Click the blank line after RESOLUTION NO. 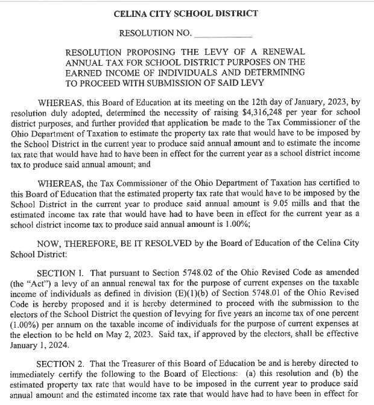pyautogui.click(x=225, y=33)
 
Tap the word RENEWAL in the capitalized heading pyautogui.click(x=282, y=52)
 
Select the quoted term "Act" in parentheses pyautogui.click(x=45, y=283)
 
